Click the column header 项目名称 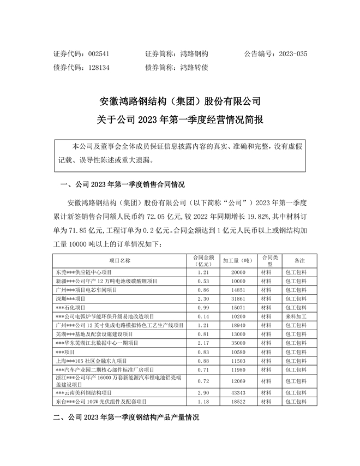(x=120, y=260)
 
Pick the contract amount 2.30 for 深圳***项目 (x=203, y=298)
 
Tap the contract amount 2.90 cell (x=203, y=392)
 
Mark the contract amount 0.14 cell (x=203, y=316)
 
